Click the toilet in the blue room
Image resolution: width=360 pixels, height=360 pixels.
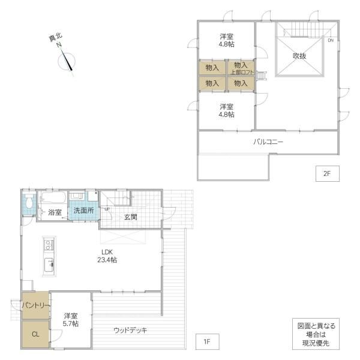pos(29,202)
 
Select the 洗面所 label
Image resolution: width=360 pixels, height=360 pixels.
pos(83,211)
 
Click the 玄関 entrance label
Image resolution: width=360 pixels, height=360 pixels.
pos(130,217)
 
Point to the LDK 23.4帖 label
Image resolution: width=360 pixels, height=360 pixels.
pos(107,256)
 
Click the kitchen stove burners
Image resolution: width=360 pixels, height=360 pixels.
pos(49,245)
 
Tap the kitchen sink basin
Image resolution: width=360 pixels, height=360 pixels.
pos(49,265)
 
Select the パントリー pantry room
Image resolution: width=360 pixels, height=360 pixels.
pos(35,305)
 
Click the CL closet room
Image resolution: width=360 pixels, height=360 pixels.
pos(35,334)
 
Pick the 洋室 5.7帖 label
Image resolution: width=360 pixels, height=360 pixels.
pos(71,320)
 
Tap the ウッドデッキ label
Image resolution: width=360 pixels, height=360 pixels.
pos(130,331)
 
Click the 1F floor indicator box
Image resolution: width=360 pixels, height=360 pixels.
pos(208,341)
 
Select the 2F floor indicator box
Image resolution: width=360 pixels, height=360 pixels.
pos(327,173)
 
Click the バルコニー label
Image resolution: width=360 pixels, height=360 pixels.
pos(268,142)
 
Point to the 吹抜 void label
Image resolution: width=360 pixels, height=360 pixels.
pos(299,56)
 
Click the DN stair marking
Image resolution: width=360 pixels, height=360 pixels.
pos(331,40)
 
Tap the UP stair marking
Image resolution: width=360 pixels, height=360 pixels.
pos(107,209)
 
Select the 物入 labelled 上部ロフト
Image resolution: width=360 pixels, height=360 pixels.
pos(241,68)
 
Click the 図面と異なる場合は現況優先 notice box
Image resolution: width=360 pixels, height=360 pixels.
pos(316,334)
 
